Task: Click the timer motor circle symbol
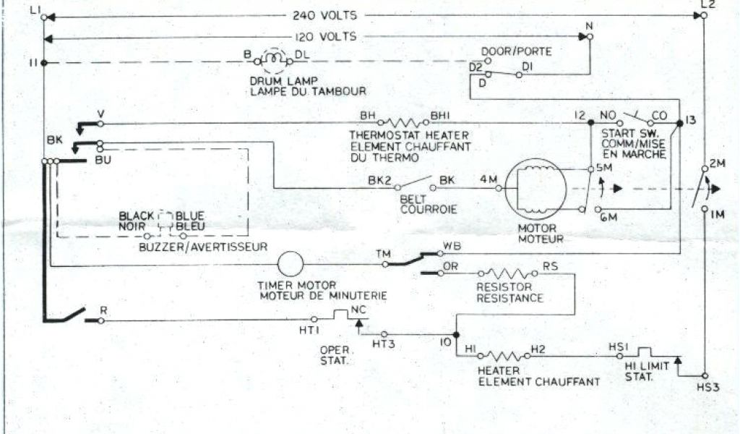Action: (x=291, y=264)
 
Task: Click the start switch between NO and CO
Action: (x=634, y=116)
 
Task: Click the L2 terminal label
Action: (x=707, y=6)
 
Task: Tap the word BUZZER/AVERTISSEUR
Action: (x=203, y=247)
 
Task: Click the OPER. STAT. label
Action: (x=334, y=354)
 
